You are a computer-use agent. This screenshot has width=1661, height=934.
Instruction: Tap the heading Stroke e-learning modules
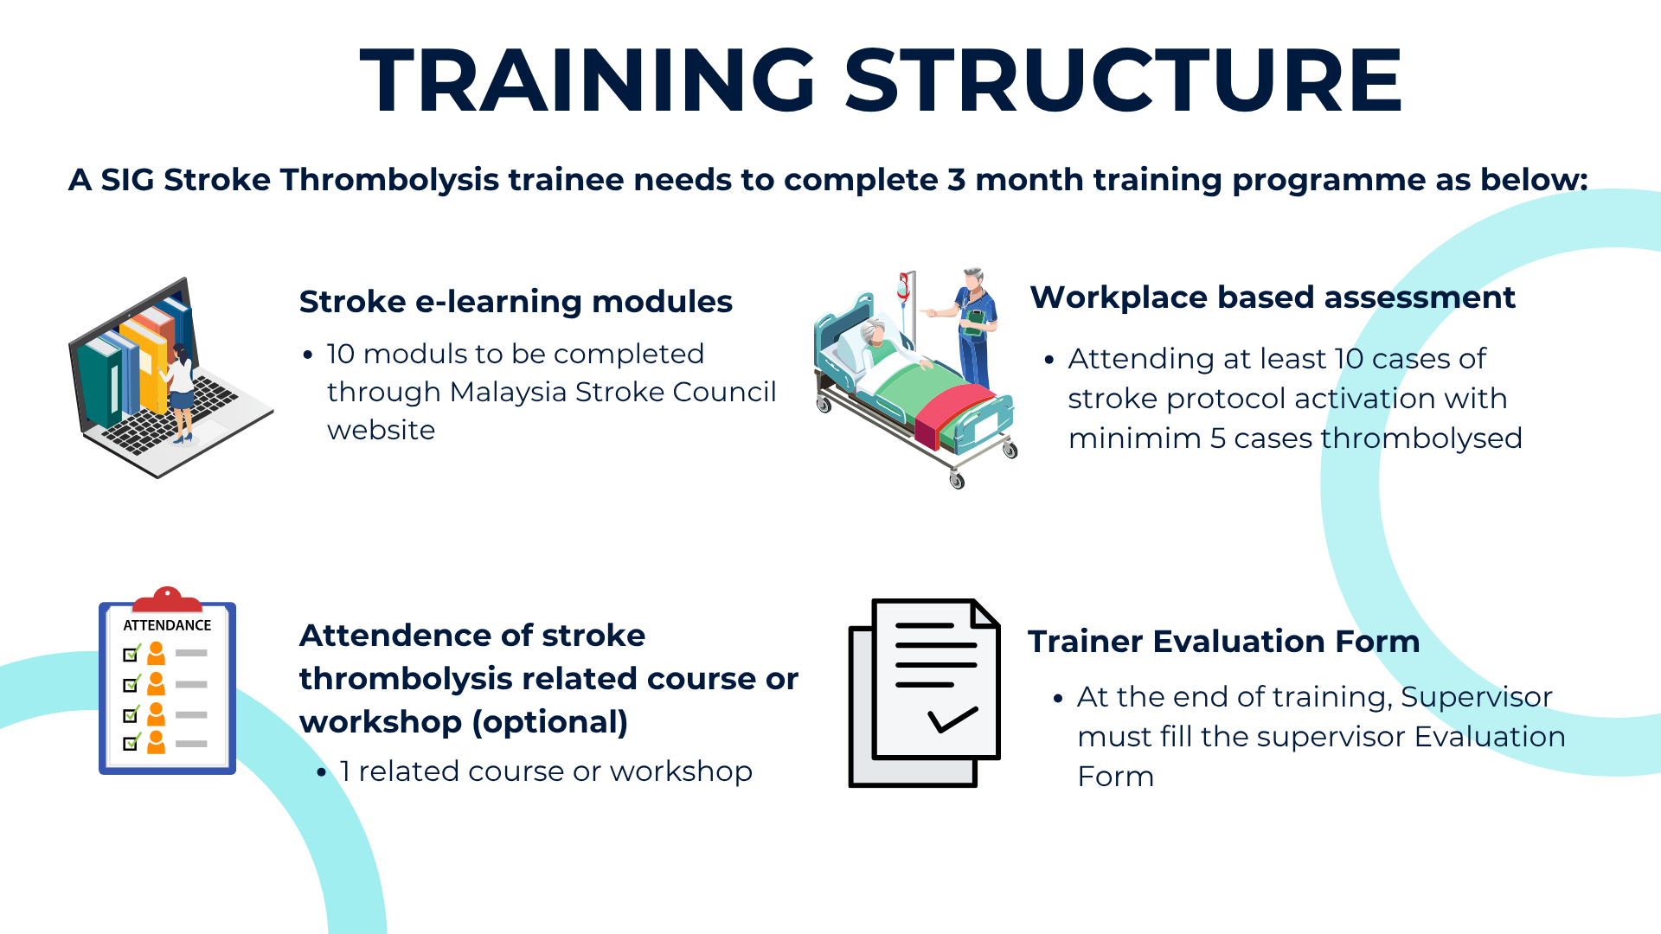[516, 302]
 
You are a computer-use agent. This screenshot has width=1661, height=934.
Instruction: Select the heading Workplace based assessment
[1273, 297]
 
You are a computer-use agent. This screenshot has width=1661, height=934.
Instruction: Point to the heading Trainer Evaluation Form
[1223, 642]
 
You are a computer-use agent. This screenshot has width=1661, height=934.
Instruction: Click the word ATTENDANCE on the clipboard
[167, 625]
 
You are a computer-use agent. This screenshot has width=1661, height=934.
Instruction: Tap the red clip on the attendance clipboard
[167, 599]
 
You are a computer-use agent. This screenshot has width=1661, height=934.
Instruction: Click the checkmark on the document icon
[952, 720]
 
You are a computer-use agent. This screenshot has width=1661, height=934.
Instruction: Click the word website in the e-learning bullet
[381, 430]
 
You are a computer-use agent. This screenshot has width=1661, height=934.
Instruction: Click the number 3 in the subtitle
[956, 180]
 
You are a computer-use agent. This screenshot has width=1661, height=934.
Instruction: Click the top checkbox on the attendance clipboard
[131, 654]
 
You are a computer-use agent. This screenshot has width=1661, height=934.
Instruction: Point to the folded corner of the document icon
[986, 612]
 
